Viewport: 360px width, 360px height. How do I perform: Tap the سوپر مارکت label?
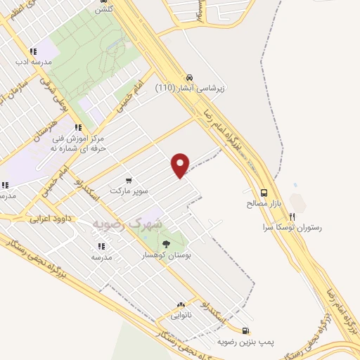pos(129,191)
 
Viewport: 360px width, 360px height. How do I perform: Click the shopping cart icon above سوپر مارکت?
pos(129,180)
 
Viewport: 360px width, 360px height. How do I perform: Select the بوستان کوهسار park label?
pos(166,255)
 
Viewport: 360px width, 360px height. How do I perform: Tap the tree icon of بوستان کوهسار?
pos(166,244)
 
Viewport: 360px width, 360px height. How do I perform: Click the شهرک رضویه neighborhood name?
pos(127,224)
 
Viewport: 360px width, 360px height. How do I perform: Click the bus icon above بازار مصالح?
pos(264,192)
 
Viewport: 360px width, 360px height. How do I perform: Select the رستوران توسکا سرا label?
pos(292,228)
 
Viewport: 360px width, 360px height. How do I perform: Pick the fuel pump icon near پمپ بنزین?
pos(244,330)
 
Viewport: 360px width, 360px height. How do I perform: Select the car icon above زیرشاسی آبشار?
pos(188,78)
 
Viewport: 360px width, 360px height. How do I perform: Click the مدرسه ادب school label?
pos(33,62)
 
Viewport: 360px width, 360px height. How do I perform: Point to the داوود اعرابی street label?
pos(47,219)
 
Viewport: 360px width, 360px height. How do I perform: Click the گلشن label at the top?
pos(103,9)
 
